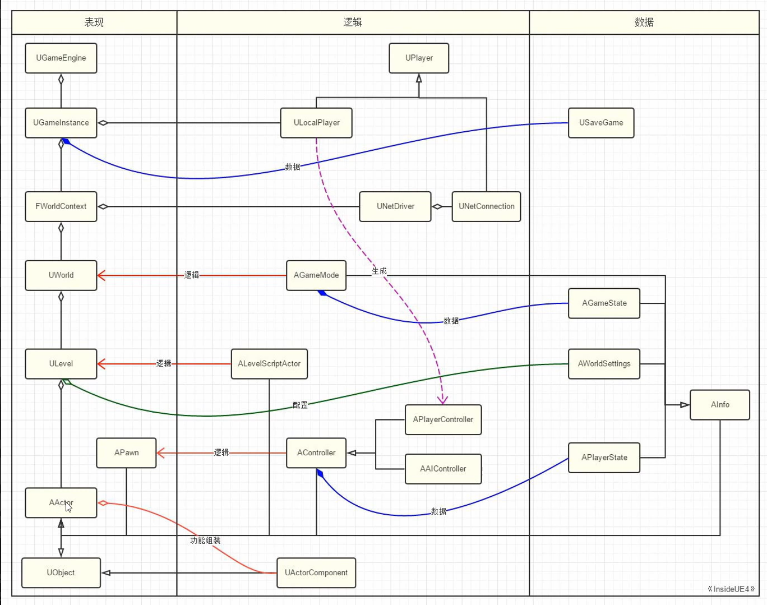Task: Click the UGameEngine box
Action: pos(61,58)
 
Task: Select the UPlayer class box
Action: pos(419,58)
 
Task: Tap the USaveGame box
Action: pos(601,123)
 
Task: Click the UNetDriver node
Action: pos(395,206)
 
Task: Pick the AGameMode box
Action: pos(316,275)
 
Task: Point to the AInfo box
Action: pos(720,405)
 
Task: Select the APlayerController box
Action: pos(443,419)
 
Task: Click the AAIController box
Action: pos(443,469)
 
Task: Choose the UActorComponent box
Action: pos(316,572)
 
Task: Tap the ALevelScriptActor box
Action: pos(269,364)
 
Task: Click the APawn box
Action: pos(127,453)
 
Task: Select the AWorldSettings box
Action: pos(604,364)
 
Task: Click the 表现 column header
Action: pos(94,22)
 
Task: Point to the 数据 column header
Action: pos(644,22)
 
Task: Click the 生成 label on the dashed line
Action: pos(380,271)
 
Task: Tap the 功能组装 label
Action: pos(205,541)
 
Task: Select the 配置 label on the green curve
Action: pos(300,405)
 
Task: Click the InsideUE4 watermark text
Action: pos(731,589)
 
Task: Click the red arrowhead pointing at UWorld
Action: pos(101,275)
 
